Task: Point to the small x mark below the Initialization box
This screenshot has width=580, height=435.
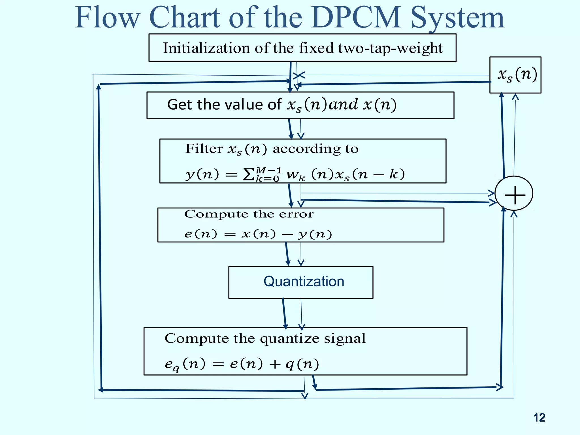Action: click(x=299, y=75)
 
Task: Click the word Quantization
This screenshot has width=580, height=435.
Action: click(x=304, y=282)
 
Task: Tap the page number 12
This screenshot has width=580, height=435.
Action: click(x=539, y=417)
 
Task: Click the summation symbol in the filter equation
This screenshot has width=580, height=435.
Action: click(x=248, y=174)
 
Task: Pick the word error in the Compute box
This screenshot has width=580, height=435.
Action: click(x=296, y=214)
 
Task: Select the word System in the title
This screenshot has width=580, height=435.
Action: click(x=457, y=18)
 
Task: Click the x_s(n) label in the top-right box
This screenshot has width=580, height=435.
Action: click(x=517, y=75)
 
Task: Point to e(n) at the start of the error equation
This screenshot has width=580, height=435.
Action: click(x=201, y=234)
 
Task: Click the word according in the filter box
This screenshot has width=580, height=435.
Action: click(x=306, y=149)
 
